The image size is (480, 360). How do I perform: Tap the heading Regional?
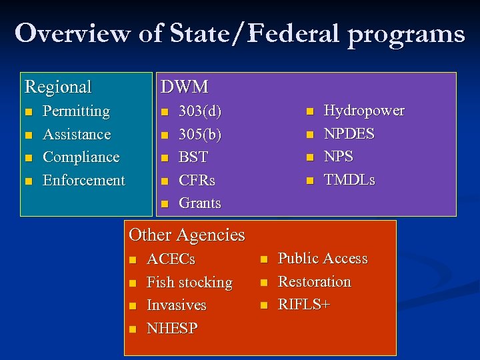(58, 87)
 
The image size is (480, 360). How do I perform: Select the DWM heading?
(184, 87)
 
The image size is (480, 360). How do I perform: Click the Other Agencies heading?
(187, 235)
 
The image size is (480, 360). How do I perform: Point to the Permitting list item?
(76, 111)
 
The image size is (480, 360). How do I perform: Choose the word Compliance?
(81, 157)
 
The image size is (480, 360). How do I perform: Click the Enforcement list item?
(83, 180)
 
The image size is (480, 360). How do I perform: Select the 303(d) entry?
(201, 111)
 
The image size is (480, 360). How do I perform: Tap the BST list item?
(193, 157)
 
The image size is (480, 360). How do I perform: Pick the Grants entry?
(200, 203)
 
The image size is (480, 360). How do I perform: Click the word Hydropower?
(363, 111)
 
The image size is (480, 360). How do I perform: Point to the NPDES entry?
(349, 134)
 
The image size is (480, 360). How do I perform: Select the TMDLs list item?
(349, 180)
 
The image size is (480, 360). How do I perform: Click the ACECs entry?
(171, 259)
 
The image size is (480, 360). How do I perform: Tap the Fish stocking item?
(189, 283)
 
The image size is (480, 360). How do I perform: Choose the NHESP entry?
(172, 328)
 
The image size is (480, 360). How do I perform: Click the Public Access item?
(323, 259)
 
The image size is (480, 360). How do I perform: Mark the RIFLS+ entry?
(304, 305)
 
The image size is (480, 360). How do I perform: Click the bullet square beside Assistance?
(28, 135)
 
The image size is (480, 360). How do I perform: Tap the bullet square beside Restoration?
(263, 283)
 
